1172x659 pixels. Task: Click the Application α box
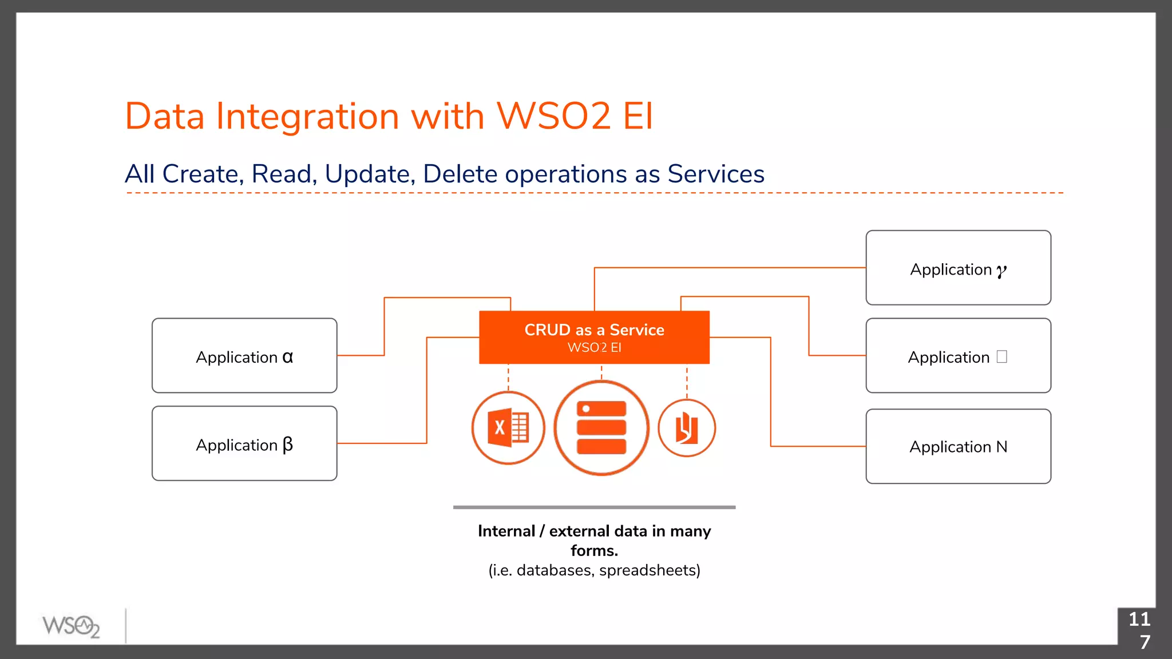pos(244,355)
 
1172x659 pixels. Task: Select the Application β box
pos(244,443)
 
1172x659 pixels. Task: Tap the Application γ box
pos(958,268)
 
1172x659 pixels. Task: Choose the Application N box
pos(958,446)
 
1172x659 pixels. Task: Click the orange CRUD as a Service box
pos(594,337)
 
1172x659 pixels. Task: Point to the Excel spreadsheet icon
pos(508,428)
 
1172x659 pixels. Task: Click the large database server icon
pos(601,428)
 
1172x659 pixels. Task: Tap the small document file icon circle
pos(687,428)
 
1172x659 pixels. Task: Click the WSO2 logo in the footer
pos(71,626)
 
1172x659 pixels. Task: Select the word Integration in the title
pos(307,116)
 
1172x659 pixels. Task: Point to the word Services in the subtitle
pos(716,174)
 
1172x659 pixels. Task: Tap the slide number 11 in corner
pos(1139,619)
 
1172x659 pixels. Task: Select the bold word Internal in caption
pos(506,531)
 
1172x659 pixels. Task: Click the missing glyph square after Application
pos(1001,356)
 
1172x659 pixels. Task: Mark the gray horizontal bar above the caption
pos(594,507)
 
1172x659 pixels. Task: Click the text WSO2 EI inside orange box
pos(594,347)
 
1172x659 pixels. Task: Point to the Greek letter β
pos(288,444)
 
